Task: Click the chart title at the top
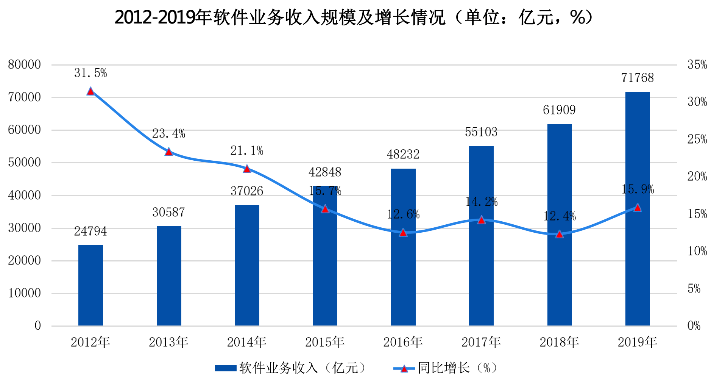354,17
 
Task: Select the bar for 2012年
90,285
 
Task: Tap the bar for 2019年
638,208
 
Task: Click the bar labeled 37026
247,265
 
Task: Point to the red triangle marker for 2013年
169,152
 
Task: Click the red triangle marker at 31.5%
90,91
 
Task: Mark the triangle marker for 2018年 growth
560,234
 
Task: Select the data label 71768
638,78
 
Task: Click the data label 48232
403,154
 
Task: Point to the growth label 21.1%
247,151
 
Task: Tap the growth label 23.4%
169,134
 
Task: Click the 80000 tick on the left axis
25,64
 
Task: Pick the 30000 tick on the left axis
25,228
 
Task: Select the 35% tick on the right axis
697,64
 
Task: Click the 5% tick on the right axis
694,289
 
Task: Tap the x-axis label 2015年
325,342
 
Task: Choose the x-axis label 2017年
481,342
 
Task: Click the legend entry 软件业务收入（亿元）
291,368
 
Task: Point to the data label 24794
90,231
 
